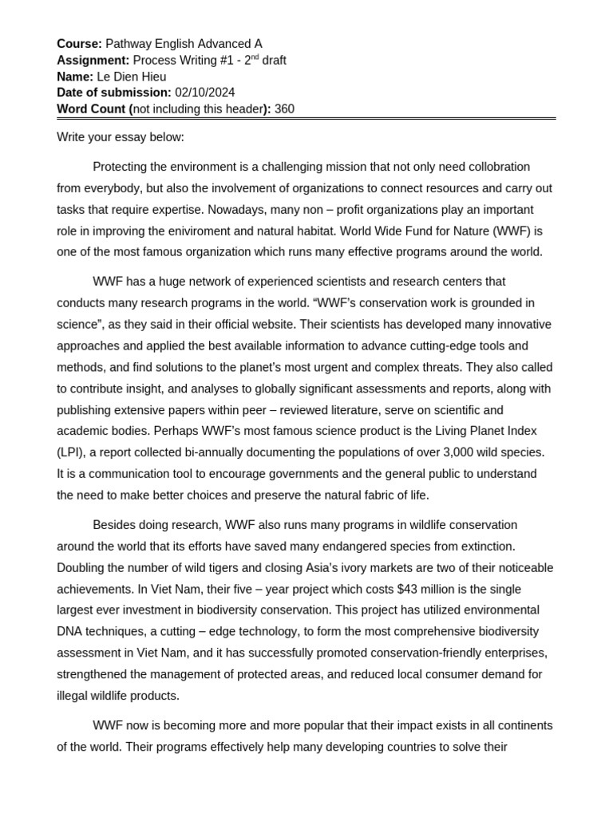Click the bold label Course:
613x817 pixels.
click(x=79, y=44)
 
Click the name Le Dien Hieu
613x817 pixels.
click(x=132, y=77)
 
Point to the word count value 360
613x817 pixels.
click(x=284, y=109)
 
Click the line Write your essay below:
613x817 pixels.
click(x=121, y=137)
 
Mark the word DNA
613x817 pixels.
click(x=70, y=631)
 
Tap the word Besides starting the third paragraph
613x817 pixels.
click(x=117, y=525)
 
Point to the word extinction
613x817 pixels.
click(x=485, y=546)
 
